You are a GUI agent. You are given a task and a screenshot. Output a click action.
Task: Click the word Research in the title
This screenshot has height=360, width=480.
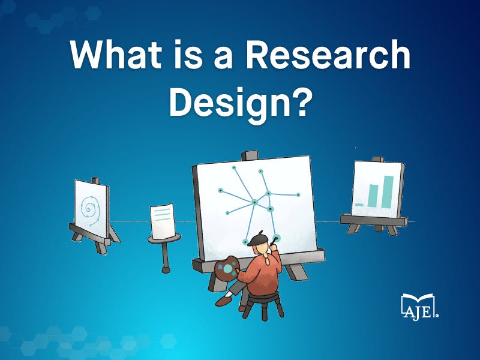(328, 54)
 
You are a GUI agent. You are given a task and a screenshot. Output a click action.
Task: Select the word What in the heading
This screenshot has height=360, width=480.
(116, 54)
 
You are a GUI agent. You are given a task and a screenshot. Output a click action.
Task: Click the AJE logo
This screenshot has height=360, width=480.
(419, 307)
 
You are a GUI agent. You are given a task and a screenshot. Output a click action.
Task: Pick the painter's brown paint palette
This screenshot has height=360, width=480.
(227, 269)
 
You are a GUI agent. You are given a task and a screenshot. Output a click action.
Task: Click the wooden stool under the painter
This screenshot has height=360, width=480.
(264, 305)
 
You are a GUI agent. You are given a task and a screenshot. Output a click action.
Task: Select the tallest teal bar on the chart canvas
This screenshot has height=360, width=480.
(387, 192)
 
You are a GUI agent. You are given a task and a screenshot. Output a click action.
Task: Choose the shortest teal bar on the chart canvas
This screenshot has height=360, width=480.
(359, 204)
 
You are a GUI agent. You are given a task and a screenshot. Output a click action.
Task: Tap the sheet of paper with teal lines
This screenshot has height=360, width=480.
(163, 221)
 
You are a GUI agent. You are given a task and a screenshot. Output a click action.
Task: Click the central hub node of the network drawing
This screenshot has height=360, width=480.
(254, 202)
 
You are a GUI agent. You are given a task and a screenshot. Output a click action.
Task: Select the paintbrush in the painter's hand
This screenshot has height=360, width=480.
(274, 241)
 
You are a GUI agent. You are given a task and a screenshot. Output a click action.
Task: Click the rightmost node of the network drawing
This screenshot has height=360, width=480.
(298, 194)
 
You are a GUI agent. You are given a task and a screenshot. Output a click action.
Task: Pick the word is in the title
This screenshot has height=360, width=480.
(188, 54)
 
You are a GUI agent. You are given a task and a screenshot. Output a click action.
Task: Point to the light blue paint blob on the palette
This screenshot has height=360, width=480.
(228, 268)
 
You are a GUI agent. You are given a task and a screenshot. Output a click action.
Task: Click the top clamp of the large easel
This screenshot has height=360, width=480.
(250, 155)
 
